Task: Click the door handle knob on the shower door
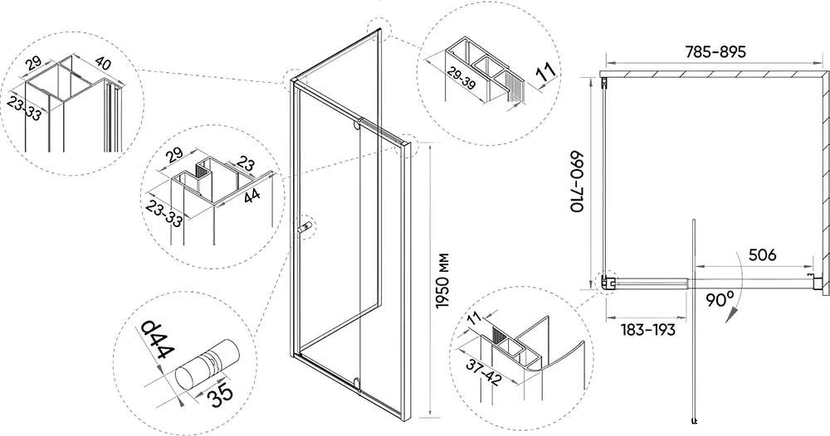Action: (x=305, y=227)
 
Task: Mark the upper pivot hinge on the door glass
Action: (x=358, y=126)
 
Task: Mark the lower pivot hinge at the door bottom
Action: (x=356, y=381)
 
